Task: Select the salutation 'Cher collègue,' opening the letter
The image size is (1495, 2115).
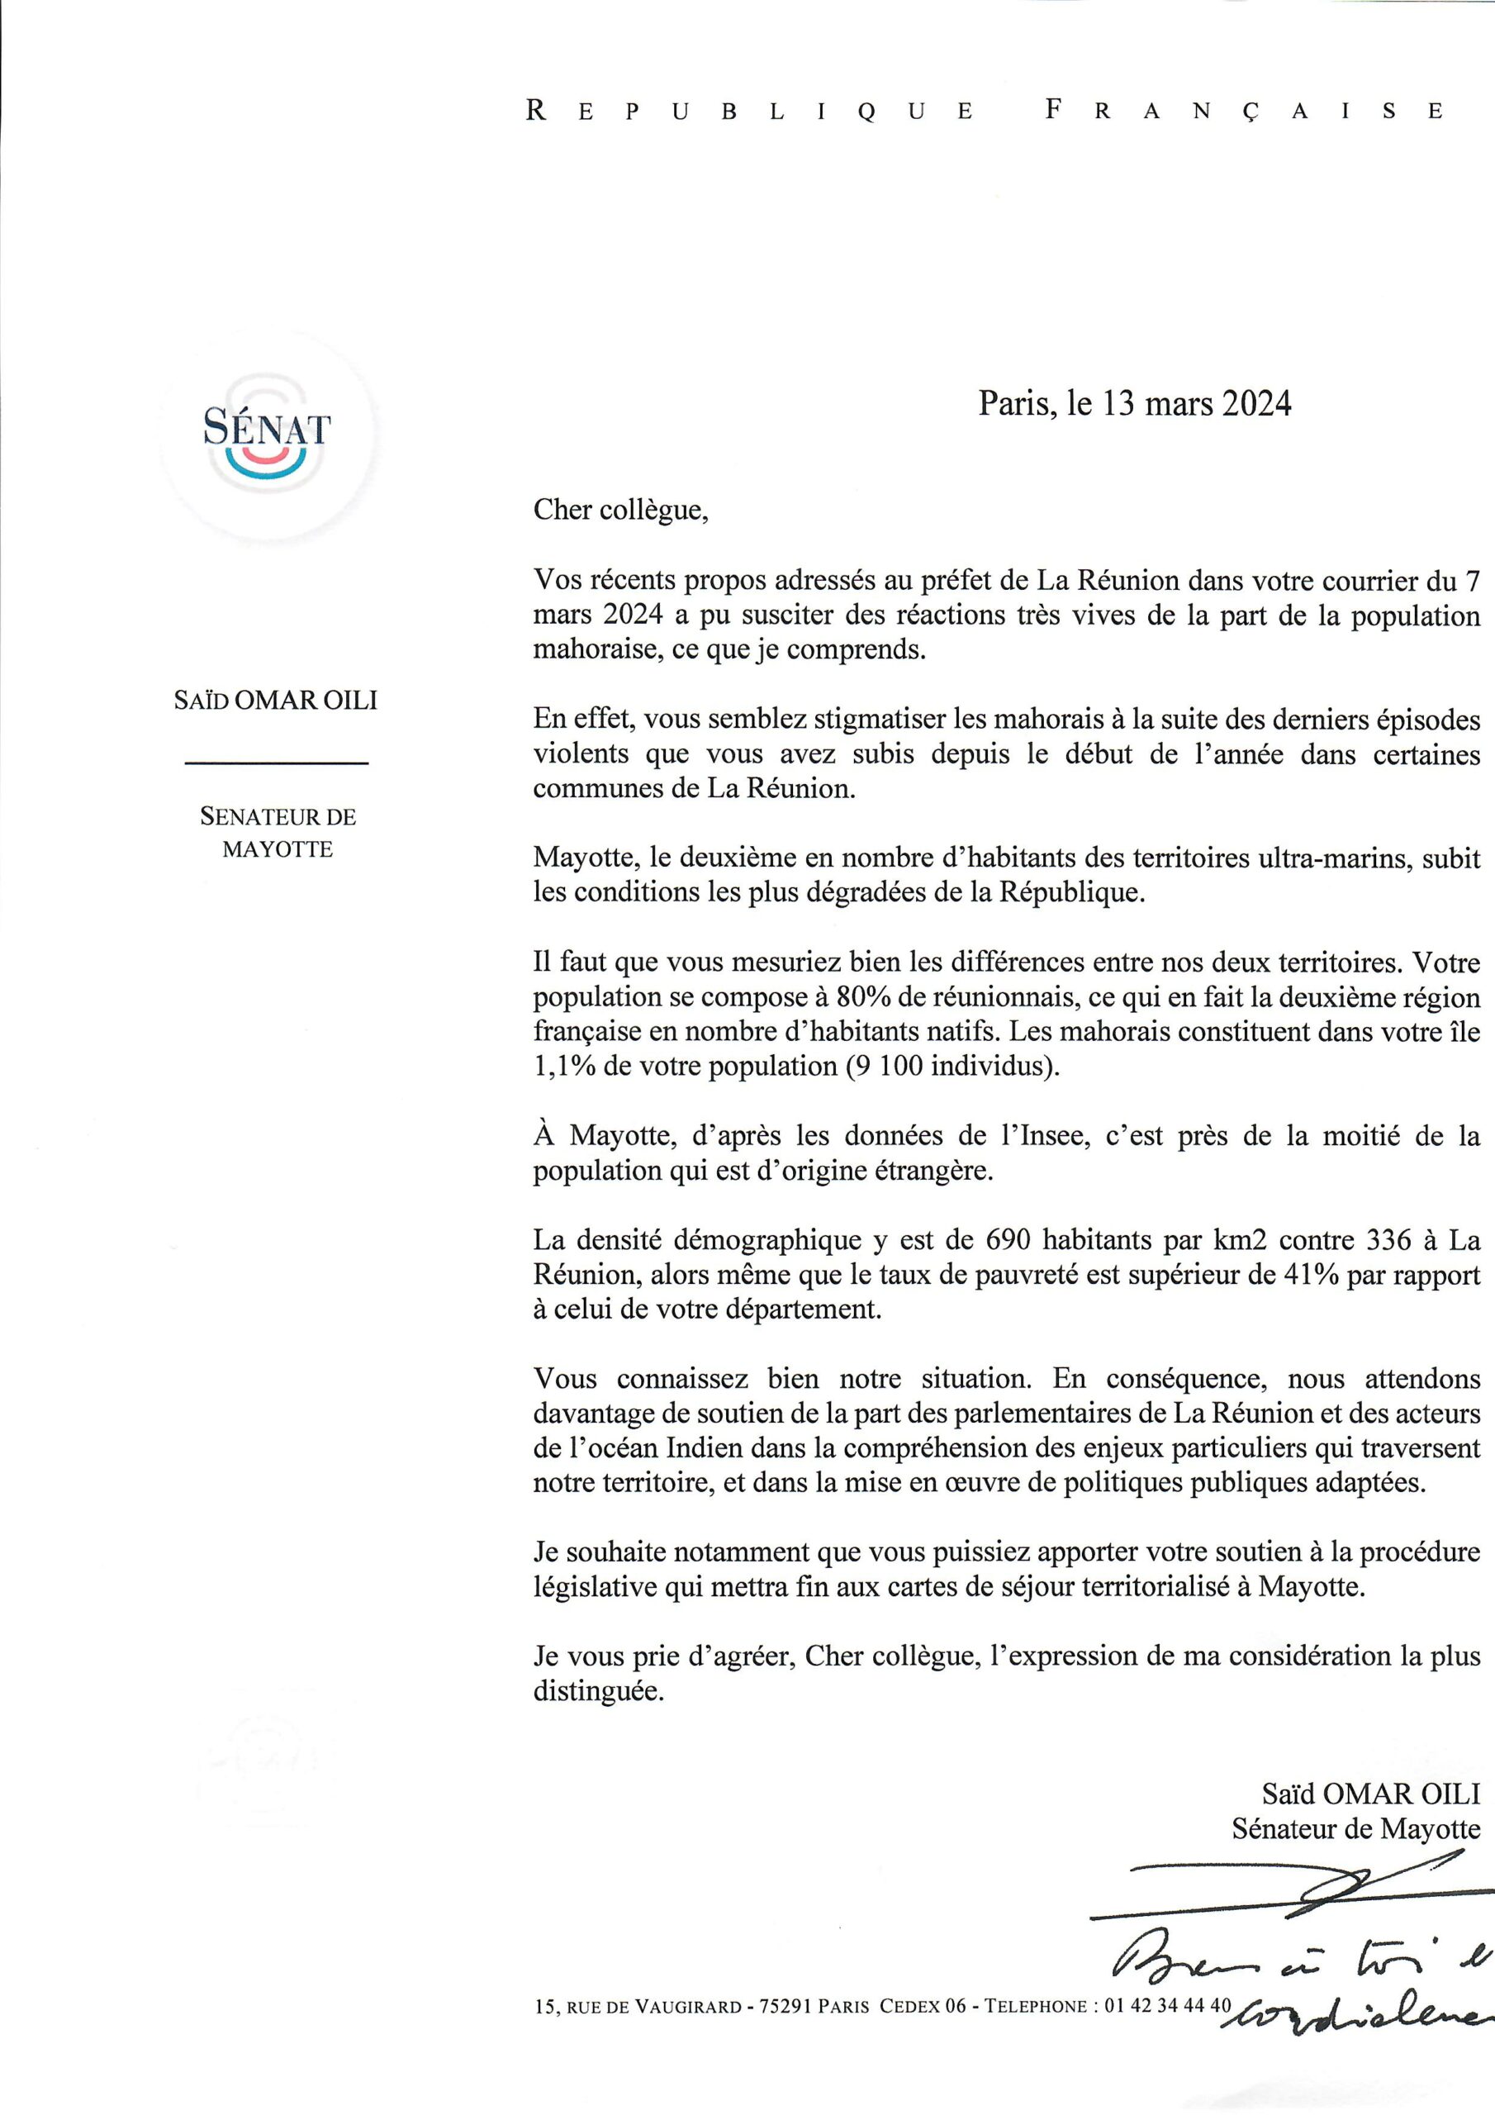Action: click(x=622, y=511)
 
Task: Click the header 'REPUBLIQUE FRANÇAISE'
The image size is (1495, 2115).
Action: click(x=985, y=112)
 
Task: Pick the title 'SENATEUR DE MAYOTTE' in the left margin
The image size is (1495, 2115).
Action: click(x=278, y=833)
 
